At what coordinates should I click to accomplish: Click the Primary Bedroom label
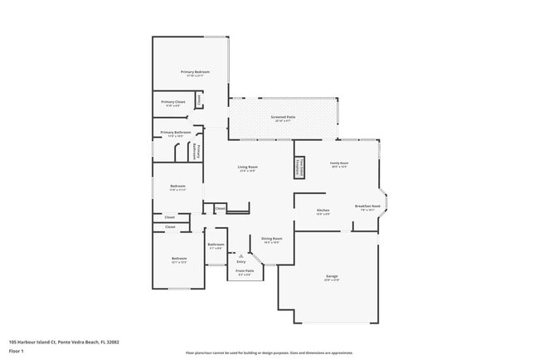pos(196,73)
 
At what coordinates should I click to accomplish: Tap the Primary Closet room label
pos(173,103)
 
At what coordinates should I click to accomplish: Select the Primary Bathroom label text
pos(176,133)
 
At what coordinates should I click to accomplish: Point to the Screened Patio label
pos(283,118)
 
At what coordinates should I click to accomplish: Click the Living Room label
pos(247,168)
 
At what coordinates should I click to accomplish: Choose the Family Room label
pos(339,164)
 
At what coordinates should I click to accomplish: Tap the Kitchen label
pos(323,211)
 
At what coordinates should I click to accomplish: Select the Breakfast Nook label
pos(367,207)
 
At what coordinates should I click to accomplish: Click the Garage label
pos(332,277)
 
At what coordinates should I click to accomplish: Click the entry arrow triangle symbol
pos(241,255)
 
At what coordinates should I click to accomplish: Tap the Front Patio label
pos(244,271)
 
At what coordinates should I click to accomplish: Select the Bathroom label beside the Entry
pos(216,246)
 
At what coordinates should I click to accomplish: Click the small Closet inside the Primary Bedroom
pos(199,100)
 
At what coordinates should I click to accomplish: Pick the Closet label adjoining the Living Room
pos(221,208)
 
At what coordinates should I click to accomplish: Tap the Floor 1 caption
pos(17,351)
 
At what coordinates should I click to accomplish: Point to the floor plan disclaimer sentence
pos(269,353)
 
